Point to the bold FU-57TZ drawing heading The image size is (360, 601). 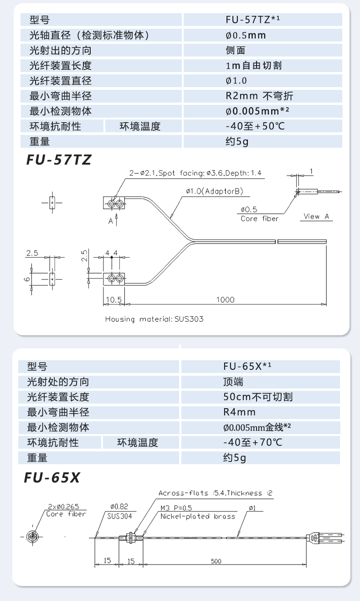[59, 160]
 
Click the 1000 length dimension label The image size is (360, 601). [226, 300]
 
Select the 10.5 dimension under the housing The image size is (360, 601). [113, 300]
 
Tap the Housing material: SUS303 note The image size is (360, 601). [154, 319]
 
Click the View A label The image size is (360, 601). [316, 217]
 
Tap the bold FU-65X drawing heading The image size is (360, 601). [52, 477]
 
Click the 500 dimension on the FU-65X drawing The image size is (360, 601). [216, 561]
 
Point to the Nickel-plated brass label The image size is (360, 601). [198, 517]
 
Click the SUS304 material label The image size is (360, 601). [119, 517]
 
